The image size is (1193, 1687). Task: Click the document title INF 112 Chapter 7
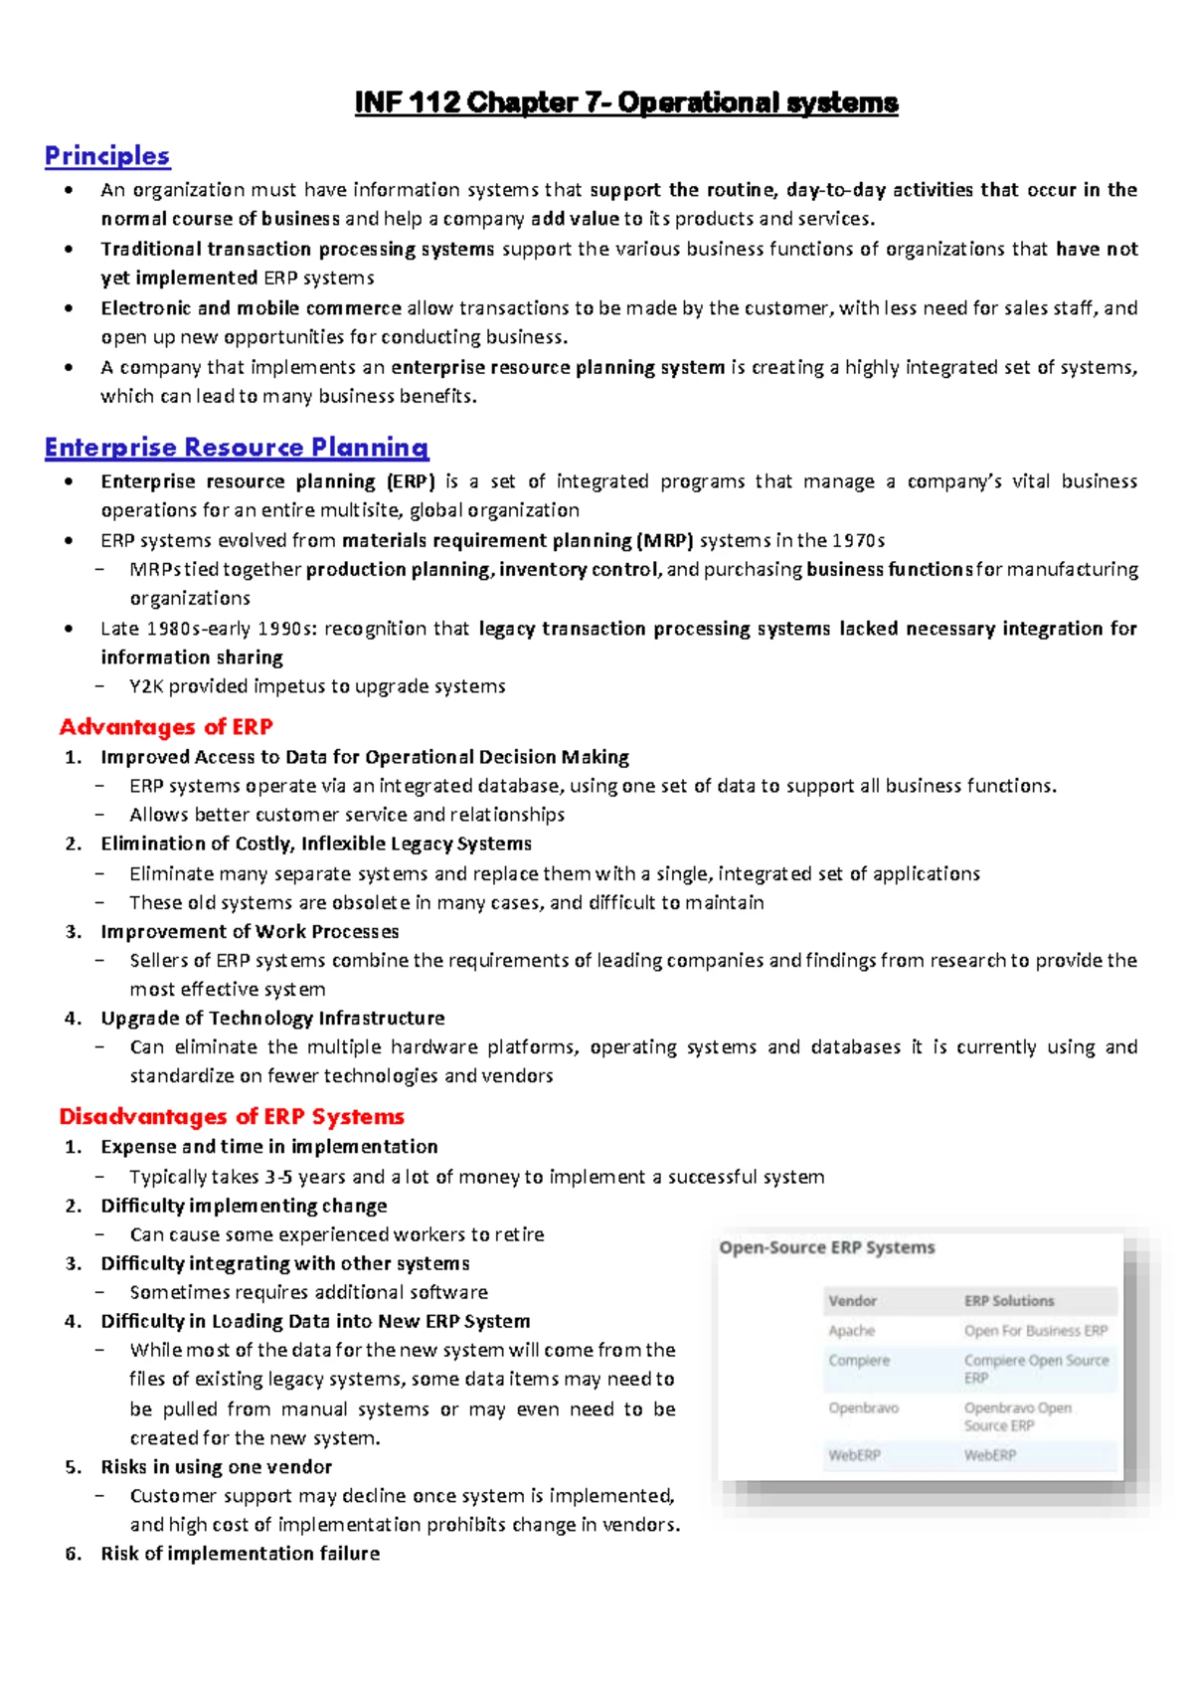626,102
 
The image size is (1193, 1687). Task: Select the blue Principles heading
107,156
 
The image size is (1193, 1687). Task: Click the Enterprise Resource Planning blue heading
237,448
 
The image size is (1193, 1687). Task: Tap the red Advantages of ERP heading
166,727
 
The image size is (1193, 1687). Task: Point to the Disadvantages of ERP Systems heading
232,1116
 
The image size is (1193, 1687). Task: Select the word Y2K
146,686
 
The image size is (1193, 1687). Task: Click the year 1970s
858,540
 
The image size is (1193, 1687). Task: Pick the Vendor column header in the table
852,1301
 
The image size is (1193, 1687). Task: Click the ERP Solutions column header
1008,1301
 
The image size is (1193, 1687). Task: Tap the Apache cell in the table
851,1331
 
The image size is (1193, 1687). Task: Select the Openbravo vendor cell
863,1408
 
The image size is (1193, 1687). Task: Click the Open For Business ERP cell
1035,1331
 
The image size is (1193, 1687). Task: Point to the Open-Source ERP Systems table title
827,1247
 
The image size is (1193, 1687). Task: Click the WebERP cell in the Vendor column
854,1455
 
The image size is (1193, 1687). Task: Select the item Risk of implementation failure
240,1554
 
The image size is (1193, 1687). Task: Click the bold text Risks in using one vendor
216,1467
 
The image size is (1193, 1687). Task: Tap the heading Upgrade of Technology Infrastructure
272,1019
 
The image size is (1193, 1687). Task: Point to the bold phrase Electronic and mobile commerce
251,308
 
